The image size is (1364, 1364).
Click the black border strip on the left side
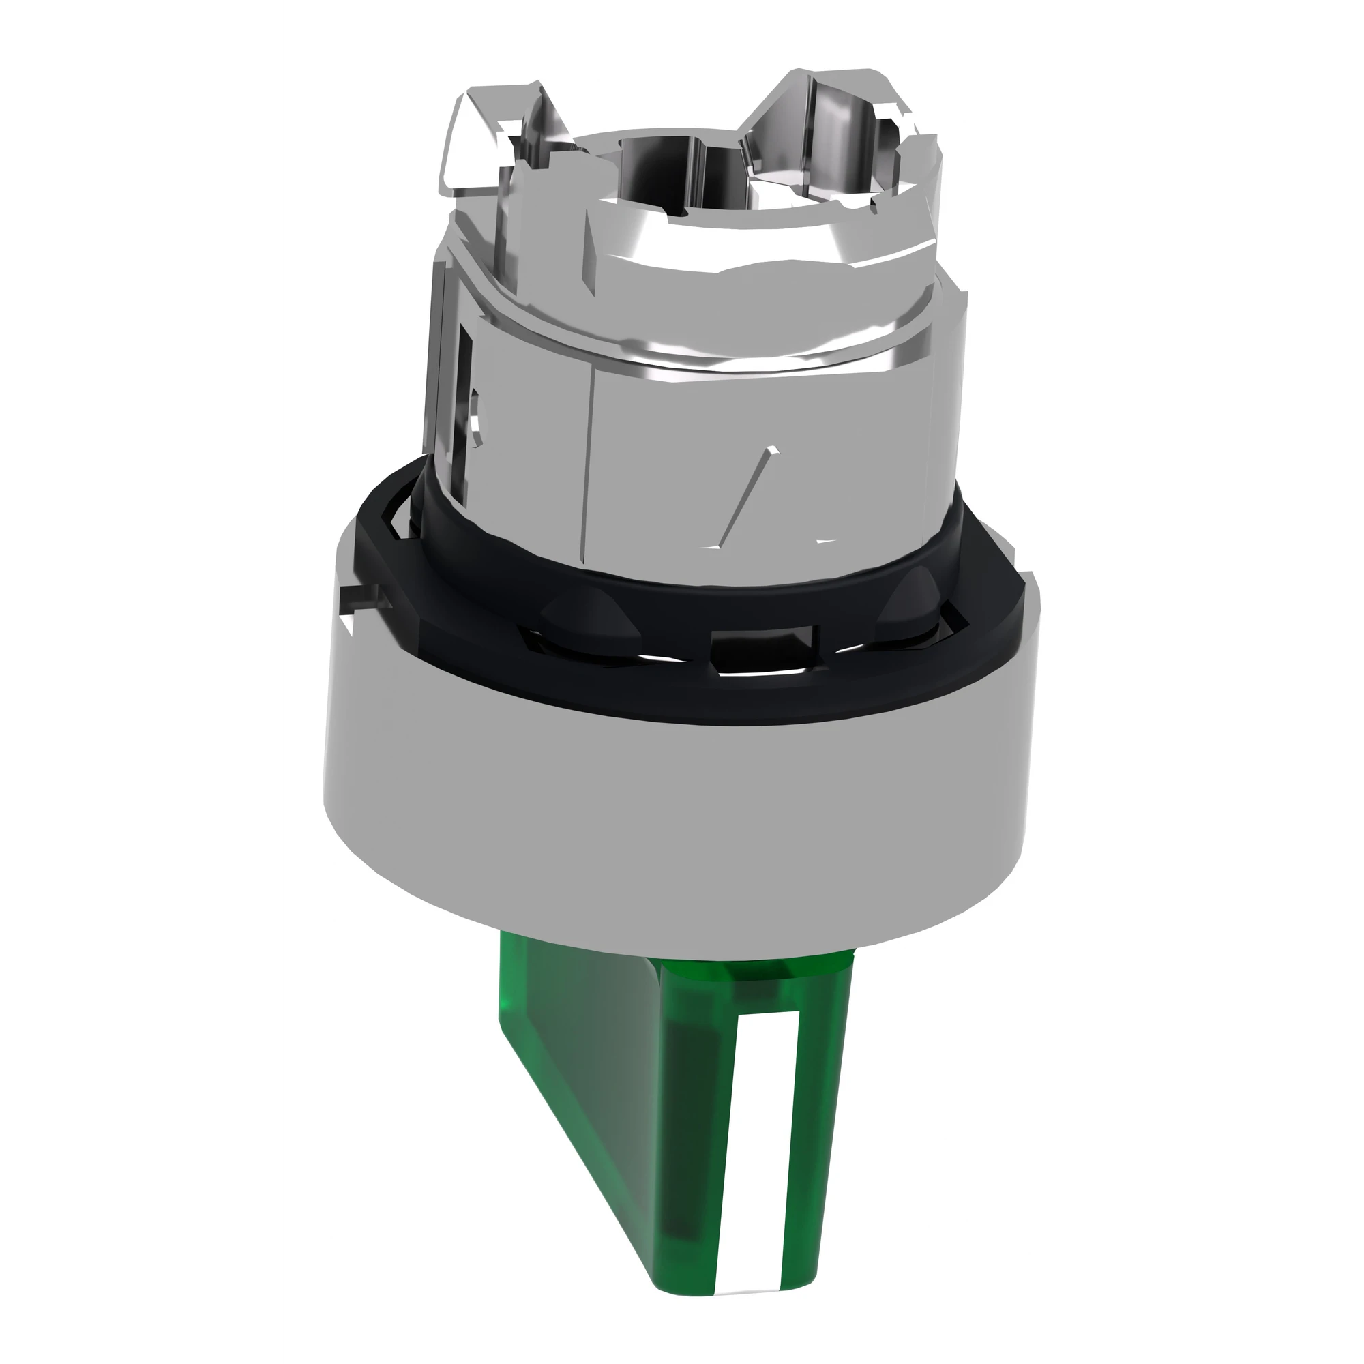[138, 682]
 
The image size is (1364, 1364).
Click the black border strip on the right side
[1224, 682]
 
